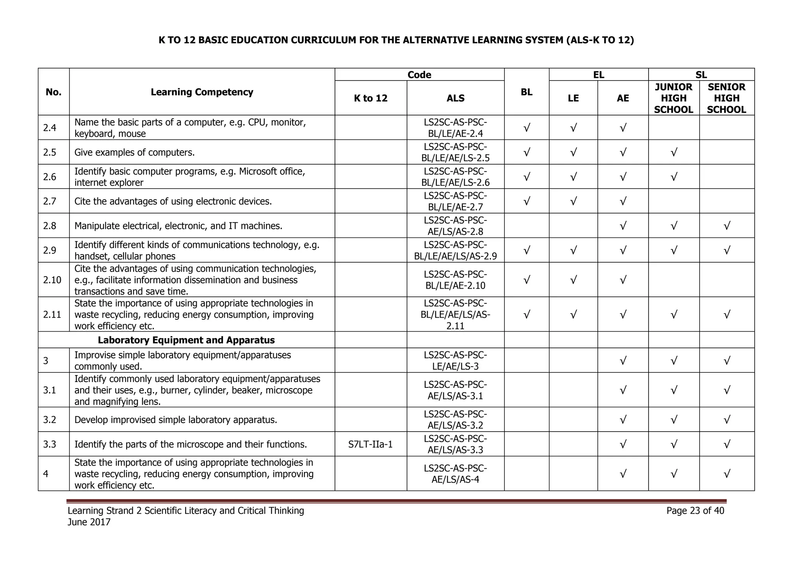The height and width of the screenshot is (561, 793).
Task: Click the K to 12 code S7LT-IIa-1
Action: point(370,444)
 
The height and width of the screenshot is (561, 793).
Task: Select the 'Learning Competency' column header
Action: point(202,92)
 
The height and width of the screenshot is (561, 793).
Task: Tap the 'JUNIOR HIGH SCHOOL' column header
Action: point(673,98)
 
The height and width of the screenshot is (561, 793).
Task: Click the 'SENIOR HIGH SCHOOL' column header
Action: point(726,98)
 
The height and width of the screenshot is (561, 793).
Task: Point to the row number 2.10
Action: point(52,280)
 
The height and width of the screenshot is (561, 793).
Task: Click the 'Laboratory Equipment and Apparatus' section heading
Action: point(186,340)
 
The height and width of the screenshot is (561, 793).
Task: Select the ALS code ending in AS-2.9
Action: point(455,250)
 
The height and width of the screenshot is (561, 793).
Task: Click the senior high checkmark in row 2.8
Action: point(726,226)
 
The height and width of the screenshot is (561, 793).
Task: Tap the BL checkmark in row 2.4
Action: point(526,128)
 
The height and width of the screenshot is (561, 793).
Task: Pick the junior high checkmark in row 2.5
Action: point(673,152)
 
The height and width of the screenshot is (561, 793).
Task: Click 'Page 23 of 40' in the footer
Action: point(695,511)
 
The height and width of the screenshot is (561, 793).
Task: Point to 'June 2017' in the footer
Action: point(89,522)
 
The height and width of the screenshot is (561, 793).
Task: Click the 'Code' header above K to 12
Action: point(419,75)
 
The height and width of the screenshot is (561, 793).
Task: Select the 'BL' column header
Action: point(526,92)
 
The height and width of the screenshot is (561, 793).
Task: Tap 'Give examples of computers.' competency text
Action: point(134,153)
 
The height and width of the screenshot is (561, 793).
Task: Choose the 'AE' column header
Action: point(623,98)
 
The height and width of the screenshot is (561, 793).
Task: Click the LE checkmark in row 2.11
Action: point(573,314)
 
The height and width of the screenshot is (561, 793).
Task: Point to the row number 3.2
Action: point(50,420)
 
